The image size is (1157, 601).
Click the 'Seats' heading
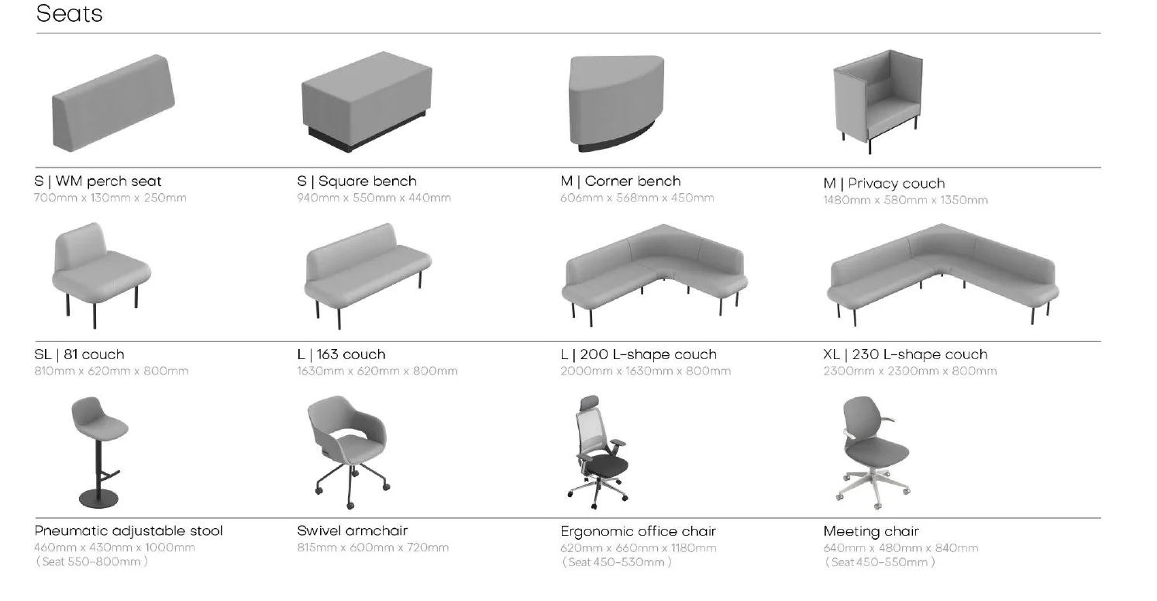[x=69, y=14]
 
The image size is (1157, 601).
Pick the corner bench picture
[x=617, y=101]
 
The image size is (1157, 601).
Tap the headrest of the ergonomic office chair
[x=591, y=403]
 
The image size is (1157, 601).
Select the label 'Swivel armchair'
[x=352, y=531]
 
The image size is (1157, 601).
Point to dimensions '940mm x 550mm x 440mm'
[x=374, y=199]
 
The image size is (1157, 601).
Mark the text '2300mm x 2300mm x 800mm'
[x=910, y=371]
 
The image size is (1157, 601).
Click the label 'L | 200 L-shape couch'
[x=638, y=355]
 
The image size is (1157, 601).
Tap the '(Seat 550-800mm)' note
[x=91, y=562]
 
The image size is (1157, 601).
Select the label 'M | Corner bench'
[x=620, y=181]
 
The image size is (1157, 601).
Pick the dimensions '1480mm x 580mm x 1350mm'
[x=904, y=201]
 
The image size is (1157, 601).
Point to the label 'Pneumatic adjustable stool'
[x=129, y=531]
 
